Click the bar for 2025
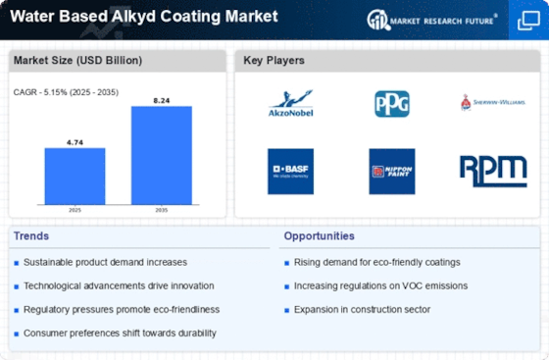pyautogui.click(x=75, y=177)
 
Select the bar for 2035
pyautogui.click(x=162, y=155)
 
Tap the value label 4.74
pyautogui.click(x=75, y=142)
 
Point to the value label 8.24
pyautogui.click(x=162, y=100)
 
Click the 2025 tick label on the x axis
pyautogui.click(x=75, y=210)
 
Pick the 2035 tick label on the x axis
pyautogui.click(x=162, y=210)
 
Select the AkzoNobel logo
pyautogui.click(x=290, y=103)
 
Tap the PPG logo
pyautogui.click(x=392, y=104)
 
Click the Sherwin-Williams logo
pyautogui.click(x=493, y=103)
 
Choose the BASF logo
pyautogui.click(x=290, y=172)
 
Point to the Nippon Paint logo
pyautogui.click(x=392, y=172)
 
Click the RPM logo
pyautogui.click(x=493, y=172)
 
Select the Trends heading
pyautogui.click(x=31, y=236)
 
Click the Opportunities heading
pyautogui.click(x=319, y=236)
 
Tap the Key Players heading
pyautogui.click(x=274, y=60)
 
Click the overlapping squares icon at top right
pyautogui.click(x=528, y=21)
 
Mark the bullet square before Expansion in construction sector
pyautogui.click(x=286, y=310)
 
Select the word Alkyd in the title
pyautogui.click(x=133, y=17)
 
